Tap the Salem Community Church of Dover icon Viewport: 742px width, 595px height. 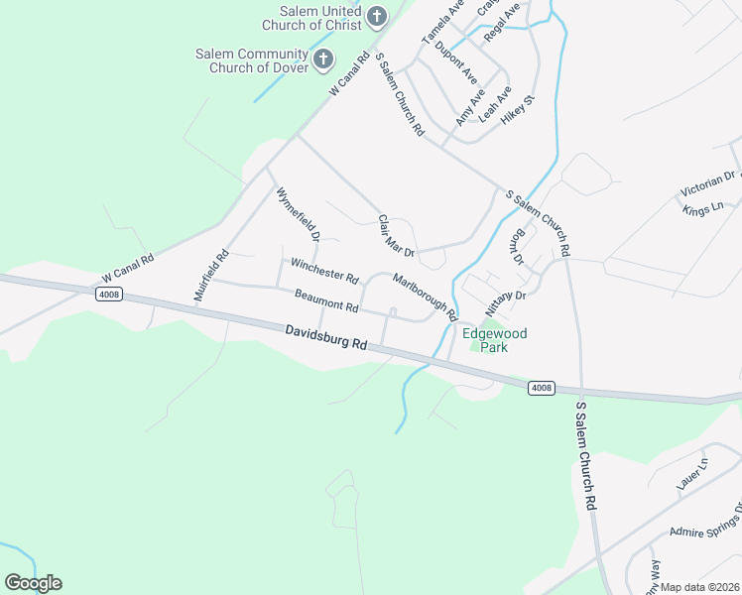click(322, 59)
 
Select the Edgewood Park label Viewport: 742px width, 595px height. click(488, 340)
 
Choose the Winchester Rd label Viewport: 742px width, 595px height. click(323, 270)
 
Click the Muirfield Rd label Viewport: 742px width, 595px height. click(211, 277)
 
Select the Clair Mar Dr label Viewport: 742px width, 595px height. click(396, 239)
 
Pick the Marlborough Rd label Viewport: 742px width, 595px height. click(425, 297)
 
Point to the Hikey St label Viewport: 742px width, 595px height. click(518, 109)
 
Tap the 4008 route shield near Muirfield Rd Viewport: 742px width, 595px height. click(109, 296)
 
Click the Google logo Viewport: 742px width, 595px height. click(33, 583)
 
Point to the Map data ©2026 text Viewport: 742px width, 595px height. click(698, 587)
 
